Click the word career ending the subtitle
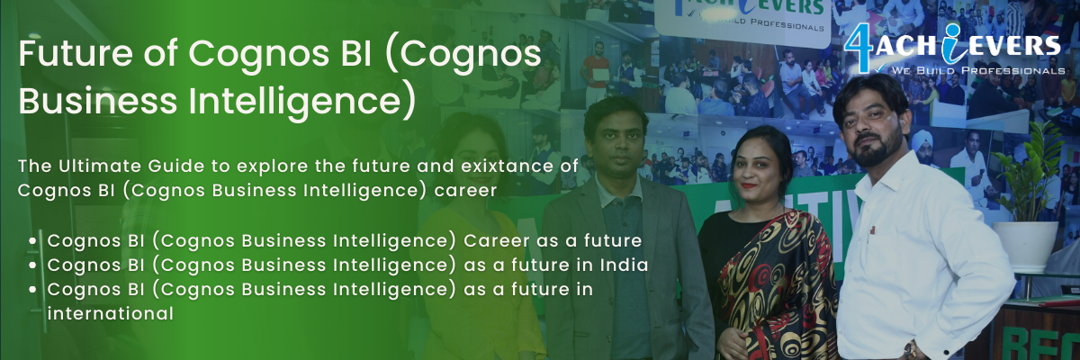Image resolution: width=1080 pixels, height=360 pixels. point(465,191)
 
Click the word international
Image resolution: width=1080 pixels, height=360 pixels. point(111,314)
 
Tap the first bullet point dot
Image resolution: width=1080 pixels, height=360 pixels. point(32,241)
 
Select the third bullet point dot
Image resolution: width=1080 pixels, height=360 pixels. point(32,290)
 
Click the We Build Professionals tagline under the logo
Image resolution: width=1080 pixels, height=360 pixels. point(977,71)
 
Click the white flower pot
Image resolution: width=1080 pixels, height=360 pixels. point(1024,247)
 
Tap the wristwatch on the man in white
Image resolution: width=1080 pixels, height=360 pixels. point(910,349)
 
